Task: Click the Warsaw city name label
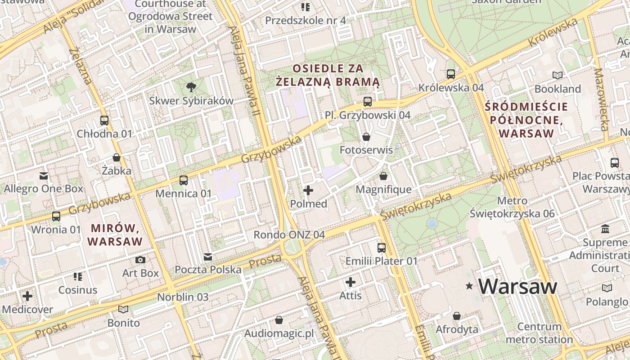coord(517,286)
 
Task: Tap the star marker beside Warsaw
coord(469,286)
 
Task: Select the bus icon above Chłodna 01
coord(104,120)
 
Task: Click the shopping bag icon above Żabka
coord(117,157)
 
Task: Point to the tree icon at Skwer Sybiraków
coord(191,87)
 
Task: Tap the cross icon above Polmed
coord(308,191)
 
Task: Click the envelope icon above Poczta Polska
coord(208,256)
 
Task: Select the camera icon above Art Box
coord(140,260)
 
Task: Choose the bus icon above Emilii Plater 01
coord(382,247)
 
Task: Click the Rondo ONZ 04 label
coord(289,234)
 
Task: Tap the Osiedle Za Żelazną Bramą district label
coord(328,75)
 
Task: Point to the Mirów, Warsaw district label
coord(115,234)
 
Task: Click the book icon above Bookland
coord(558,75)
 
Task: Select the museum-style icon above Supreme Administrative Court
coord(605,229)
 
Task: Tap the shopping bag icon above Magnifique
coord(383,176)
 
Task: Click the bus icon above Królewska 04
coord(451,74)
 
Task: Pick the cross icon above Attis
coord(351,282)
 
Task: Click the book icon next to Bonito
coord(123,309)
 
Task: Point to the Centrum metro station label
coord(539,333)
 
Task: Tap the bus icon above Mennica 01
coord(183,180)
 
